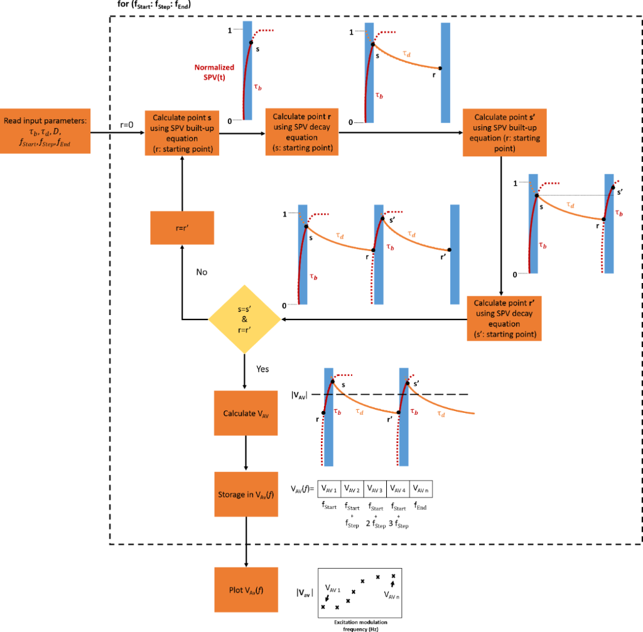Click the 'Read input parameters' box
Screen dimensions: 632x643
(x=45, y=132)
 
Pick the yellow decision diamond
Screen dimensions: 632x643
(x=244, y=319)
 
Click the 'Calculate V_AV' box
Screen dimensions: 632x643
(x=245, y=413)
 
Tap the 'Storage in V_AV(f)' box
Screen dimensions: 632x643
(x=245, y=495)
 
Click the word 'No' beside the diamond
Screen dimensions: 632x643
(x=201, y=272)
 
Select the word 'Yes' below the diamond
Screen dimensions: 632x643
(x=262, y=369)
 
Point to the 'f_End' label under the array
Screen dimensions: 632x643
(x=421, y=506)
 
